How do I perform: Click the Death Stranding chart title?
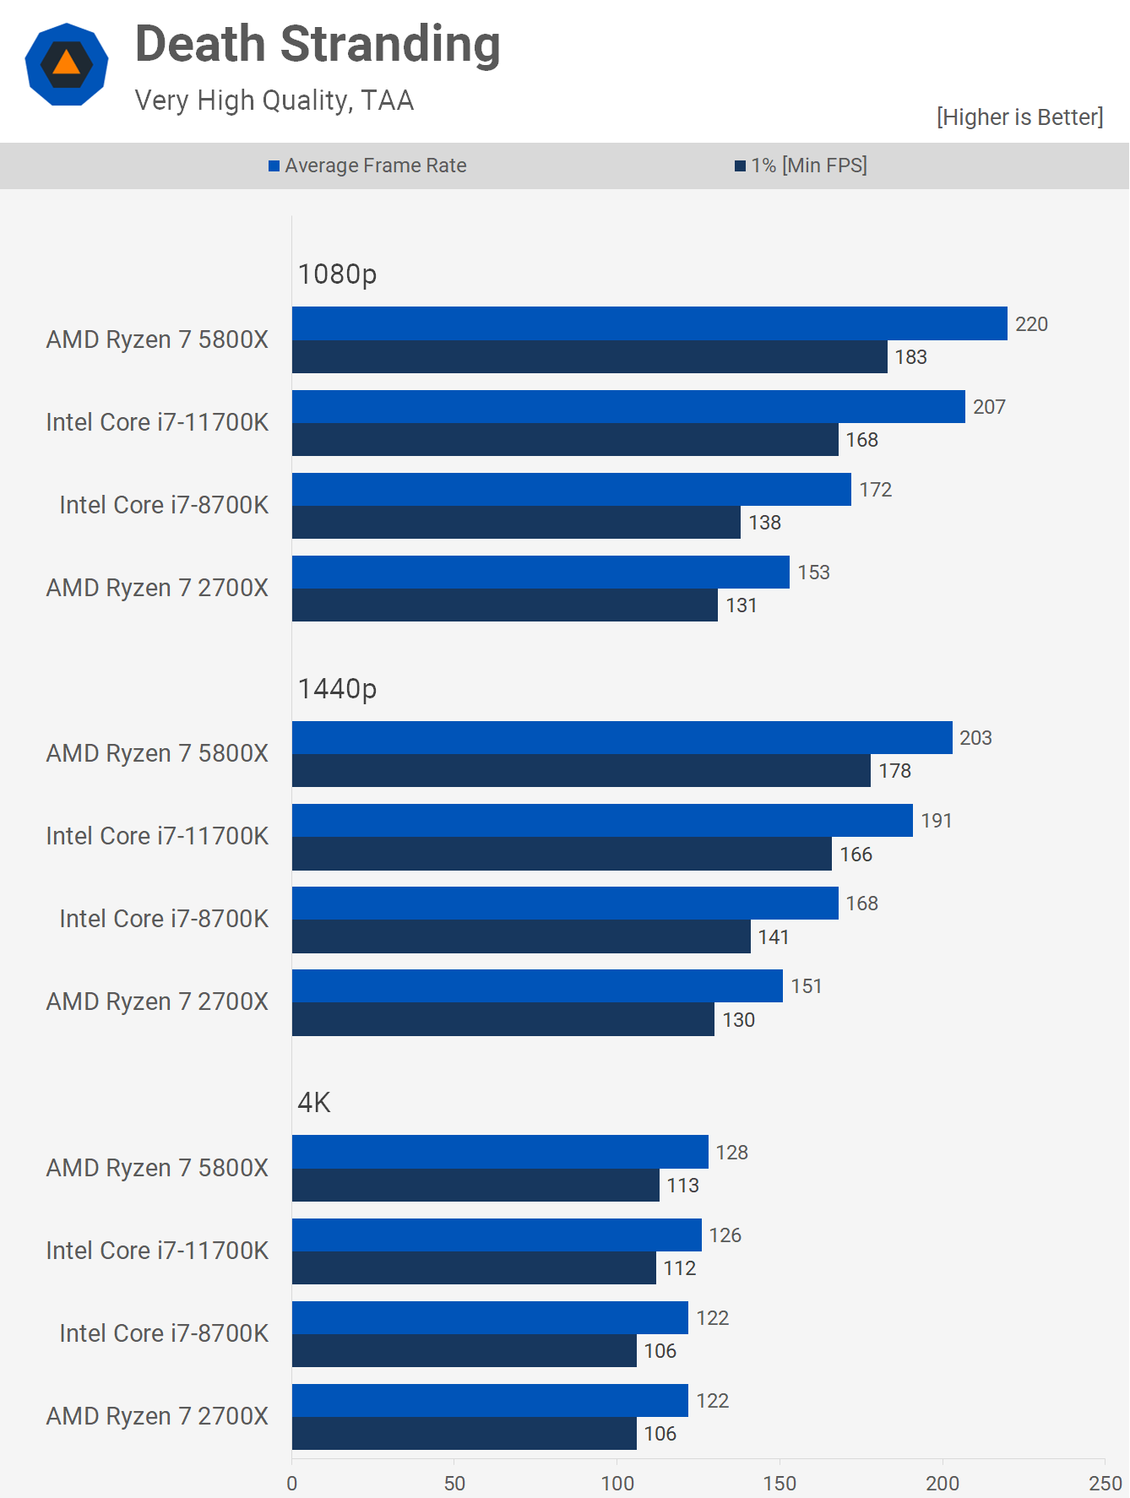(x=318, y=45)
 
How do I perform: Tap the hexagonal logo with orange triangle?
(x=67, y=65)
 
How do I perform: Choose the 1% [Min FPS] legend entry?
(x=801, y=166)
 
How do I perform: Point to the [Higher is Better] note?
(x=1019, y=117)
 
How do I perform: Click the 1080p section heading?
(x=337, y=274)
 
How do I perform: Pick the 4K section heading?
(x=314, y=1103)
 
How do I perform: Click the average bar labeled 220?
(x=649, y=323)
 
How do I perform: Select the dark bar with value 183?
(x=589, y=357)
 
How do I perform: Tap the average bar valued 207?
(x=628, y=406)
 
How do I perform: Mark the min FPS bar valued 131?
(x=504, y=605)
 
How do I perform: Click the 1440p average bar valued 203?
(x=622, y=737)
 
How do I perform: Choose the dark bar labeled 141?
(x=521, y=936)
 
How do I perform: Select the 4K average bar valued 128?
(x=500, y=1152)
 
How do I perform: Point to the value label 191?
(x=937, y=821)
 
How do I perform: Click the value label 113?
(x=682, y=1186)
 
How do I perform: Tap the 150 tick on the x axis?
(x=780, y=1483)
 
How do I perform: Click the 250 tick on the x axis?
(x=1105, y=1483)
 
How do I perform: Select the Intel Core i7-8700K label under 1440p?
(x=164, y=919)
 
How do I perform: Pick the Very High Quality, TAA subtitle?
(x=274, y=100)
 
